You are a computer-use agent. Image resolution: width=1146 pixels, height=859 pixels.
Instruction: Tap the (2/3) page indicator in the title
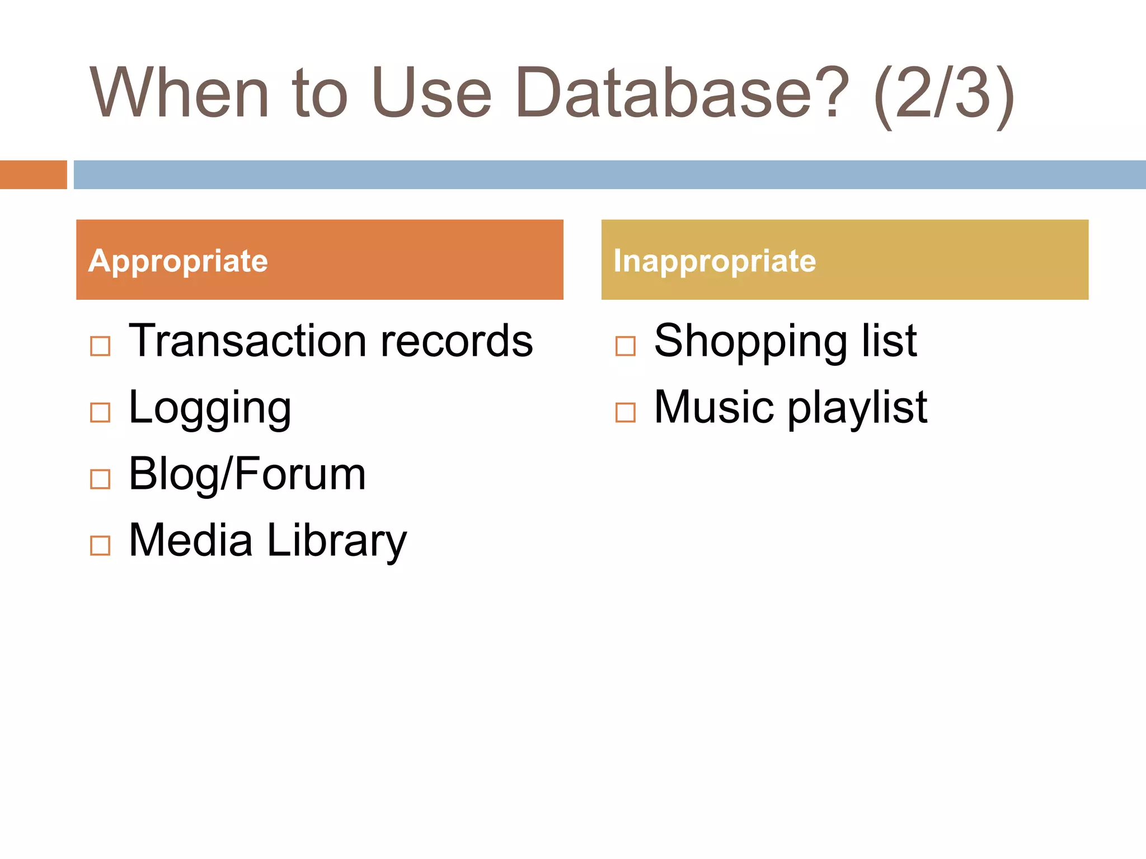tap(943, 95)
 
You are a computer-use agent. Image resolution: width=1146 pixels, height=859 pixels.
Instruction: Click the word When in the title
tap(179, 92)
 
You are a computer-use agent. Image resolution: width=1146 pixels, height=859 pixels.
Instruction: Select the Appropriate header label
tap(178, 261)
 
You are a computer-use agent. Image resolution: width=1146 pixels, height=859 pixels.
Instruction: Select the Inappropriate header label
tap(715, 261)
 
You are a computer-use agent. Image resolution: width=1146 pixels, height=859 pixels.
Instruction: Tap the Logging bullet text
tap(210, 409)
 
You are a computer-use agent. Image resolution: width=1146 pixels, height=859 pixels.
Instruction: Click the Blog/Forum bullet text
tap(247, 474)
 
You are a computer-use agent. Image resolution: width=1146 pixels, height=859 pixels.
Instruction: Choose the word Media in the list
tap(190, 540)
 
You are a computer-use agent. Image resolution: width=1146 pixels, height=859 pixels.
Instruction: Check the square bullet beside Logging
tap(100, 413)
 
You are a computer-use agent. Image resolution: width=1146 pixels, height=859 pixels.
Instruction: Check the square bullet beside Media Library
tap(100, 545)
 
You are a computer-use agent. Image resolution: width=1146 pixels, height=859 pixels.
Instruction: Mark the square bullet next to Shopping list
tap(625, 346)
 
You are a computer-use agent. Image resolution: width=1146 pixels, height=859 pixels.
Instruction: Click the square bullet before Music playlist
tap(625, 413)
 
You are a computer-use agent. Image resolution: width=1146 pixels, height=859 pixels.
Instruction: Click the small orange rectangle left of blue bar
tap(33, 174)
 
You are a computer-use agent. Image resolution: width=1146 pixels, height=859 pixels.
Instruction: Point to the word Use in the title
tap(431, 92)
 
